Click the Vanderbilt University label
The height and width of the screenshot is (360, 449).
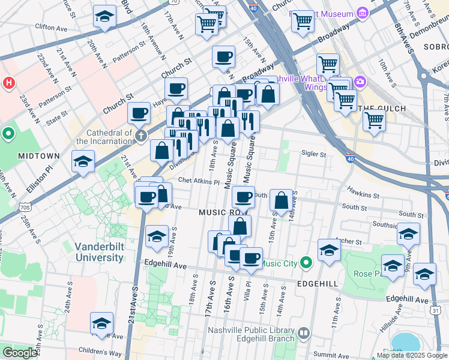pyautogui.click(x=99, y=252)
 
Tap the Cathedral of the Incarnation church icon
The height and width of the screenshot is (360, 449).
pyautogui.click(x=140, y=135)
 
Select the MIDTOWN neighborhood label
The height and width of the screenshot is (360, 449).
pyautogui.click(x=39, y=156)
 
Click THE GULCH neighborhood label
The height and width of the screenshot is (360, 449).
pyautogui.click(x=382, y=108)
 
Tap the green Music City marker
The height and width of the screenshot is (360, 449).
pyautogui.click(x=306, y=262)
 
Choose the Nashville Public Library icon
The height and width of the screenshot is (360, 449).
pyautogui.click(x=303, y=332)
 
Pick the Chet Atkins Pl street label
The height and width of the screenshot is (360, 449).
pyautogui.click(x=199, y=181)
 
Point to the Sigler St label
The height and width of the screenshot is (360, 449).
pyautogui.click(x=313, y=154)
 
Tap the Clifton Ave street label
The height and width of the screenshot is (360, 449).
pyautogui.click(x=51, y=28)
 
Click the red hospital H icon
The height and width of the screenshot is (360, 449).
pyautogui.click(x=9, y=82)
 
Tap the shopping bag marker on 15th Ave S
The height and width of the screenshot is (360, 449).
pyautogui.click(x=282, y=201)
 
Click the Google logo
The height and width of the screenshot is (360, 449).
pyautogui.click(x=19, y=353)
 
